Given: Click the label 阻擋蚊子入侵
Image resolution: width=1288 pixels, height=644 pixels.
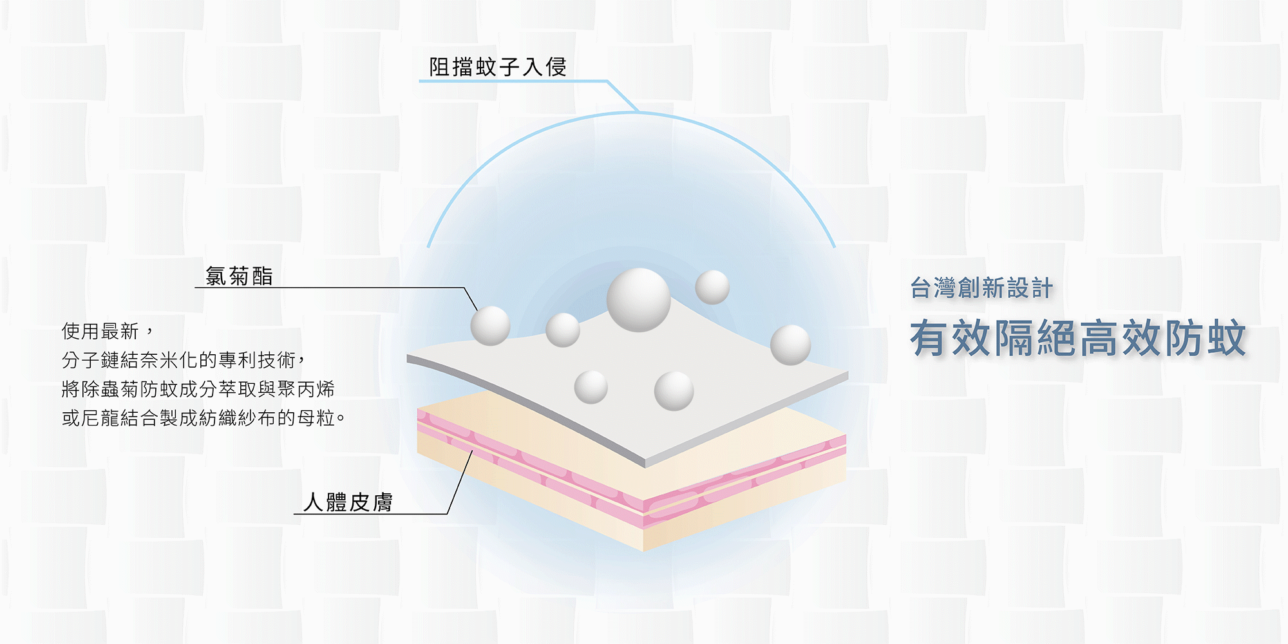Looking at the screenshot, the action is point(498,67).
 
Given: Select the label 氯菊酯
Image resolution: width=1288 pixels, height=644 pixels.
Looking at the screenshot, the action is point(239,276).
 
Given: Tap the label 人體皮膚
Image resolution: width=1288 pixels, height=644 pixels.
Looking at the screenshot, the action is point(348,502).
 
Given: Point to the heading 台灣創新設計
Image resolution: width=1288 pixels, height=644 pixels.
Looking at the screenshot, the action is point(981,288).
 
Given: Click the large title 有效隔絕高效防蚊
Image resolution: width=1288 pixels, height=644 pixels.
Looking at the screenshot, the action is point(1077,338).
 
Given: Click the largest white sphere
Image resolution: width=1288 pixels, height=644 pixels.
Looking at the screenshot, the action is point(638,300).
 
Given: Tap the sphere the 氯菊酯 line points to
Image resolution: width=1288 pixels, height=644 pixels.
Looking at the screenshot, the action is point(490,325).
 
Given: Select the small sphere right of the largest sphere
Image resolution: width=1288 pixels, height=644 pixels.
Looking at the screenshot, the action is point(712,287).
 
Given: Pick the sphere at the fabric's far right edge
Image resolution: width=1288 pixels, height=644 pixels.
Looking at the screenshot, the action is point(790,345).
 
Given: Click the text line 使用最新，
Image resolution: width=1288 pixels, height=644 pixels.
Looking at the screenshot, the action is point(108,332).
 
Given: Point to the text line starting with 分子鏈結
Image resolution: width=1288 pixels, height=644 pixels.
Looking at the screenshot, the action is point(184,360).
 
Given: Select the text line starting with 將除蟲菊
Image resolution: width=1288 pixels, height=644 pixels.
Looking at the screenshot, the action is point(198,389).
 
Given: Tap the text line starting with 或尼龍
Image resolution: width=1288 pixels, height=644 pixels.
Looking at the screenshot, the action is point(204,418).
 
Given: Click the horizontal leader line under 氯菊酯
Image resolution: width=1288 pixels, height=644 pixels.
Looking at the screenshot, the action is point(328,288).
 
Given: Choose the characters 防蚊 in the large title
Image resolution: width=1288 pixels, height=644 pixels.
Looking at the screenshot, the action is point(1204,338).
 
